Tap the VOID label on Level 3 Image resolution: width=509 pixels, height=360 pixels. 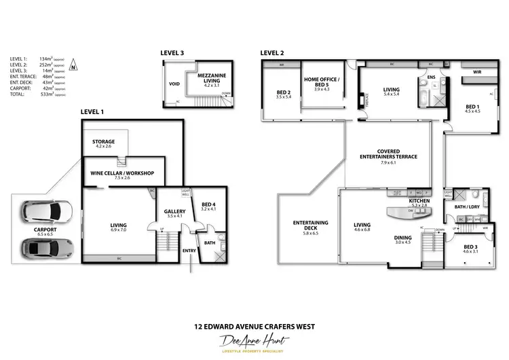point(174,85)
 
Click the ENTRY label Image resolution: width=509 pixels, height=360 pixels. point(189,251)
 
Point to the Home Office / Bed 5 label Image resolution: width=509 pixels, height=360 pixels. point(321,83)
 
